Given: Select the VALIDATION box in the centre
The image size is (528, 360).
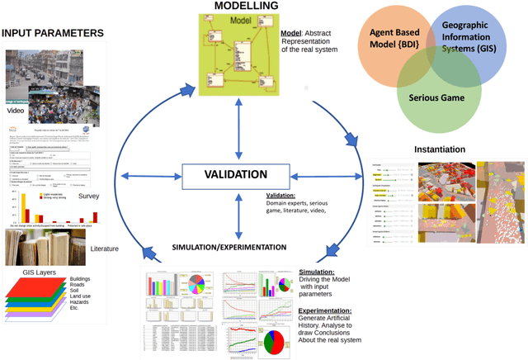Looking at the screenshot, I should tap(236, 175).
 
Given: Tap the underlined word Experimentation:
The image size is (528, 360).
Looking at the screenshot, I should tap(327, 312).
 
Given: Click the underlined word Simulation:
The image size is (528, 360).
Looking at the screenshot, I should tap(318, 271).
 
